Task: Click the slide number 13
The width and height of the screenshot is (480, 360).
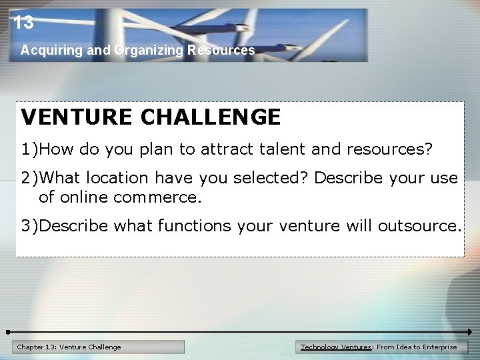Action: tap(23, 23)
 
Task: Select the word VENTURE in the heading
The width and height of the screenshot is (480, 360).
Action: tap(77, 117)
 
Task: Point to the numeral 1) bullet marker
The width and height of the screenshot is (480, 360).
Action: tap(29, 149)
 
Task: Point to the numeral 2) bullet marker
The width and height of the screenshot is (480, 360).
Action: tap(29, 178)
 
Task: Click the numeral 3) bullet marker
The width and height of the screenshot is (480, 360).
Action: tap(29, 226)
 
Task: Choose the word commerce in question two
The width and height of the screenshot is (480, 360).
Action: tap(157, 198)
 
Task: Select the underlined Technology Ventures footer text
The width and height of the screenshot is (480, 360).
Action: tap(335, 347)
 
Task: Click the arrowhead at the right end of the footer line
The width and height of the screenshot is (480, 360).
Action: tap(469, 331)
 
